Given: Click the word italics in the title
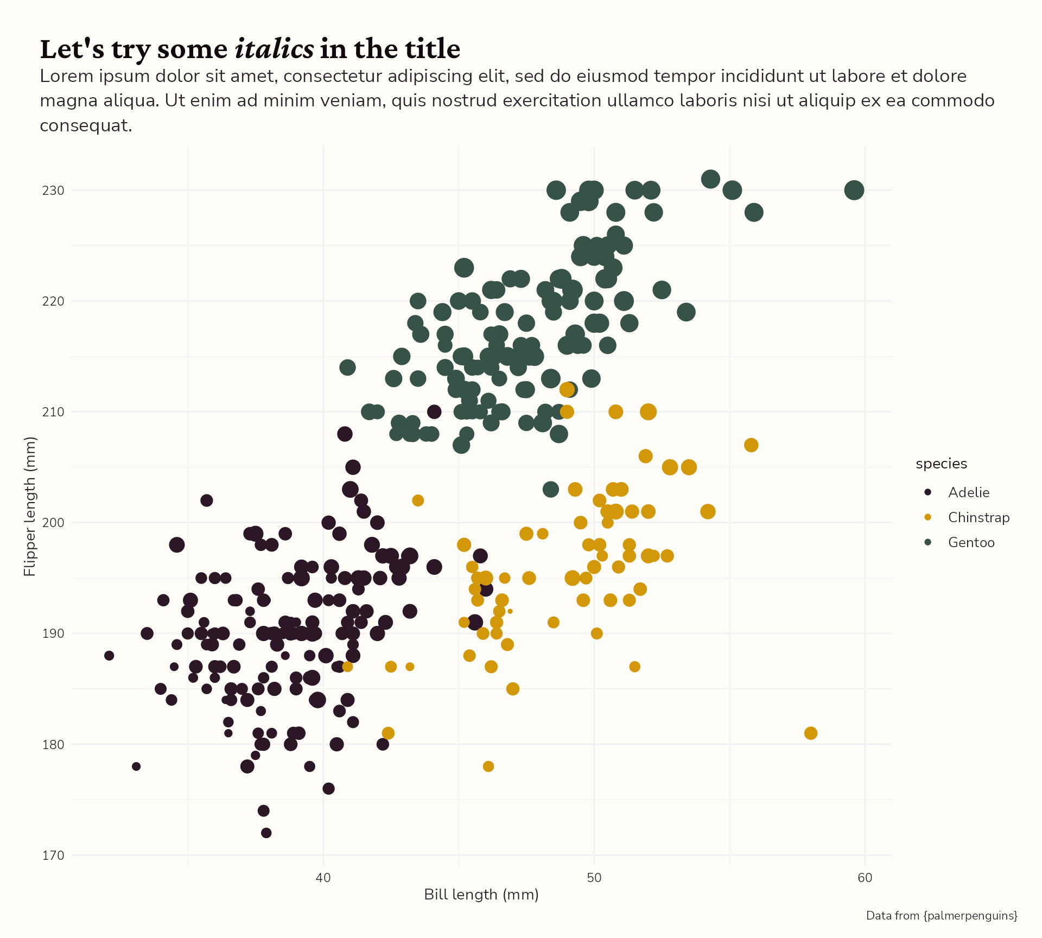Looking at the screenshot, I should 274,49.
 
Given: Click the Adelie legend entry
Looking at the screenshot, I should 968,492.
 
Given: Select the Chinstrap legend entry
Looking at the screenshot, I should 978,517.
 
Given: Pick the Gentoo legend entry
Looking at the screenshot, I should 971,542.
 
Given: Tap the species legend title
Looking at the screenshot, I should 941,464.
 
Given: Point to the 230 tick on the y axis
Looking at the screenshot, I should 53,191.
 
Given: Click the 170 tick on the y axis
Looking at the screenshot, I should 53,855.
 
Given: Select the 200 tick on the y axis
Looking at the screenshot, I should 53,523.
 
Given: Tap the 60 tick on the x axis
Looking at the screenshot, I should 865,878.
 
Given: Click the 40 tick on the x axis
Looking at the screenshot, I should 323,878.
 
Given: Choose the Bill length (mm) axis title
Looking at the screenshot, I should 481,895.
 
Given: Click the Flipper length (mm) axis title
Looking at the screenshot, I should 30,506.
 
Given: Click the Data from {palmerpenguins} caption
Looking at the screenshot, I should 941,916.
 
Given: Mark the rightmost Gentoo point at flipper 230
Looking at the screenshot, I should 854,190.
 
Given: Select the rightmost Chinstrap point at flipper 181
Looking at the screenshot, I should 810,733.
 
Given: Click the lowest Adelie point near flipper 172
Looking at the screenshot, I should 266,833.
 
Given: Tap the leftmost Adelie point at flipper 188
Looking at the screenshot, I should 109,656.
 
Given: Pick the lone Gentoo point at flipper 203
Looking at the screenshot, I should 550,489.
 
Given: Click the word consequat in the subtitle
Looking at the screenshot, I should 85,126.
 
